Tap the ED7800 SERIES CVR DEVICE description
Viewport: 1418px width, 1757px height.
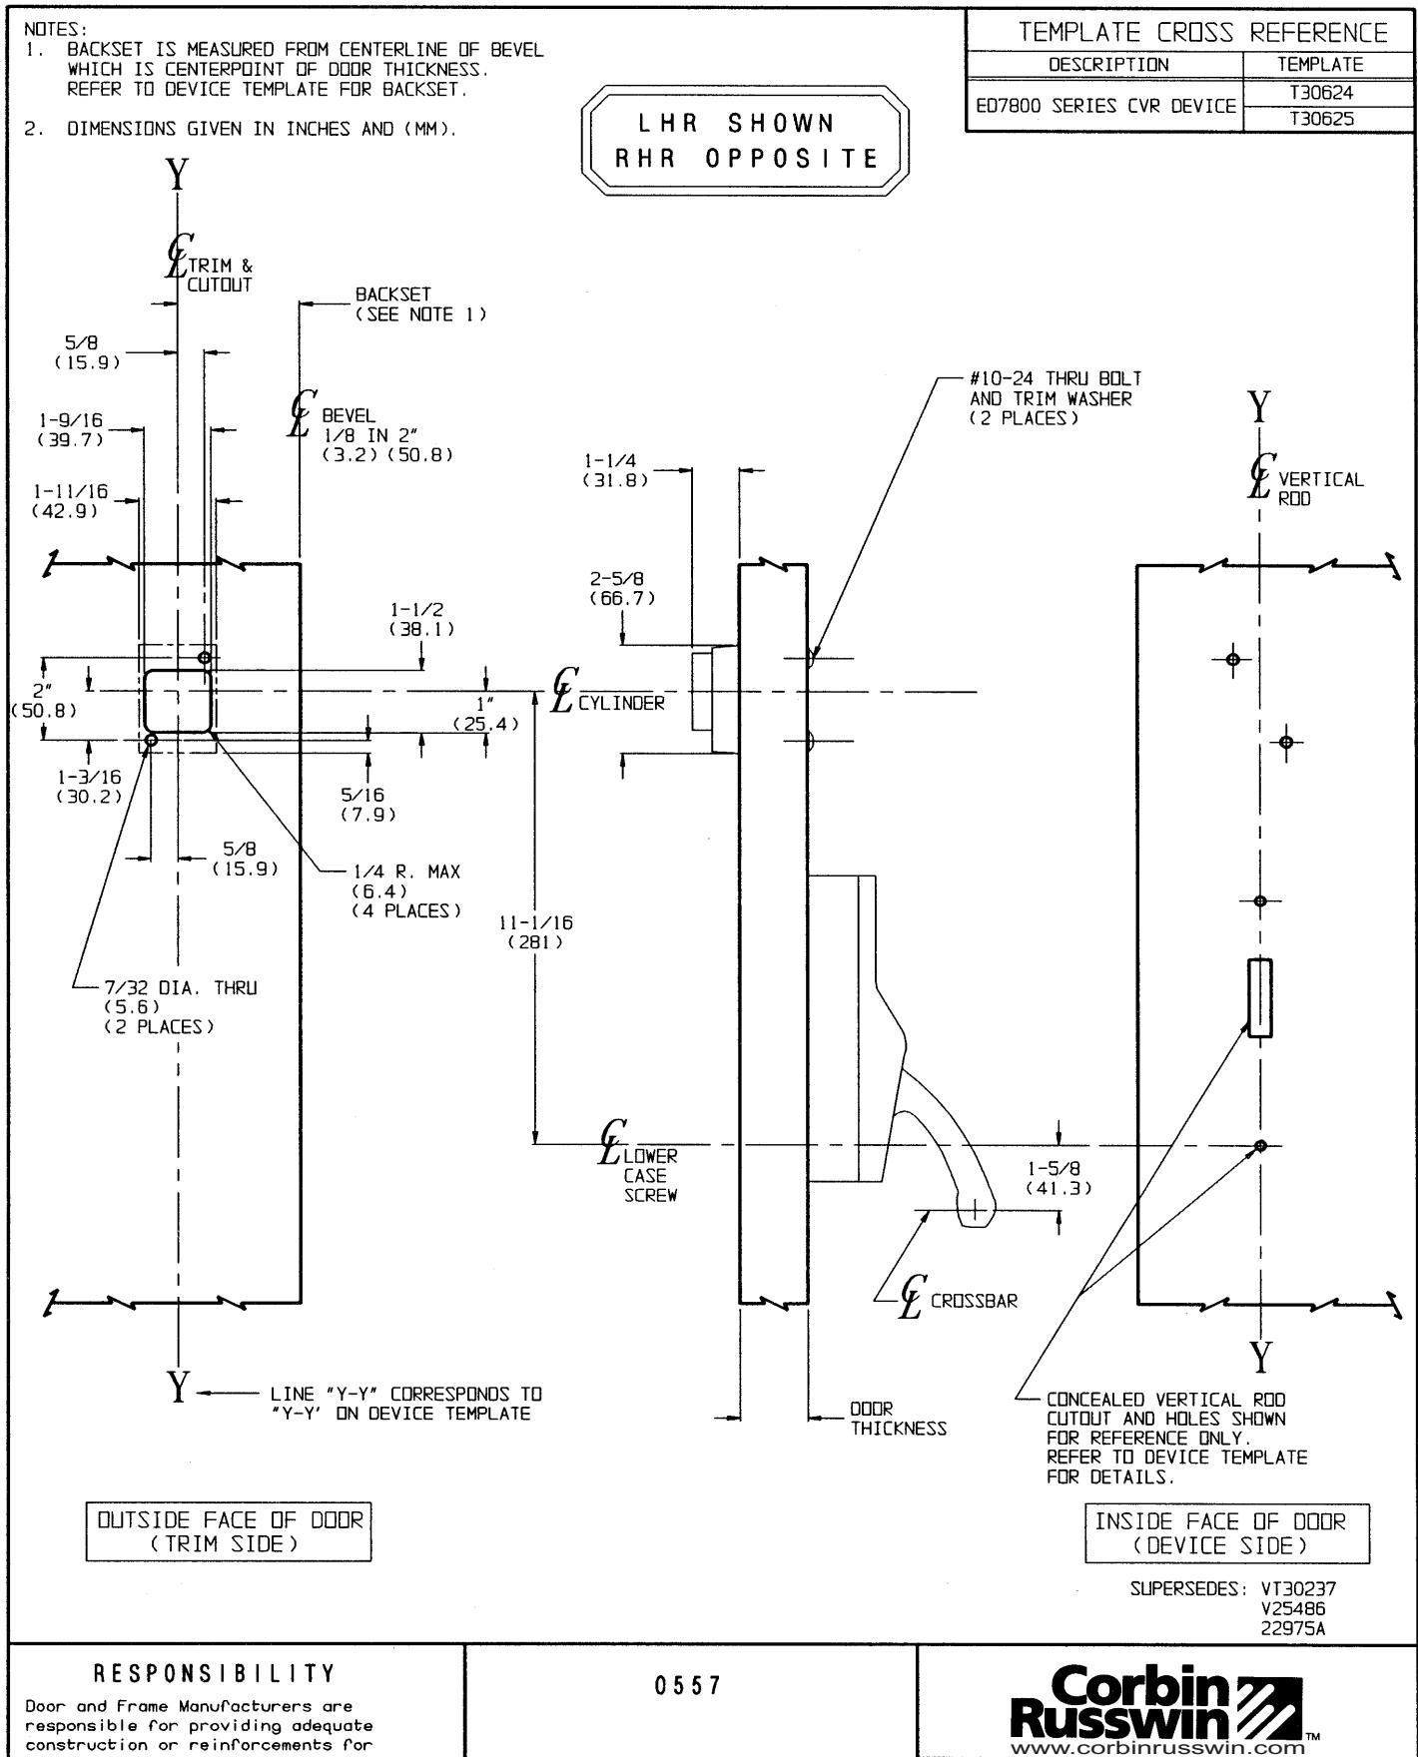point(1105,106)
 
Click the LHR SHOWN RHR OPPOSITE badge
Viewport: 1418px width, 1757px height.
point(745,141)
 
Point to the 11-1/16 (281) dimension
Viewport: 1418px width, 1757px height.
point(536,932)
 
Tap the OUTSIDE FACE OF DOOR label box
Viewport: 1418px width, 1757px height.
point(229,1531)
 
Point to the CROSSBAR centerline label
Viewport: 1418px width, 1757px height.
point(973,1302)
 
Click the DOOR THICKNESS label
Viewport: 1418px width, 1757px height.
point(897,1420)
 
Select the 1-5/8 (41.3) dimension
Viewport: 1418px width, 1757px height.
point(1059,1178)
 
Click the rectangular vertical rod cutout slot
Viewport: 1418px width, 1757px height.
point(1260,997)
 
